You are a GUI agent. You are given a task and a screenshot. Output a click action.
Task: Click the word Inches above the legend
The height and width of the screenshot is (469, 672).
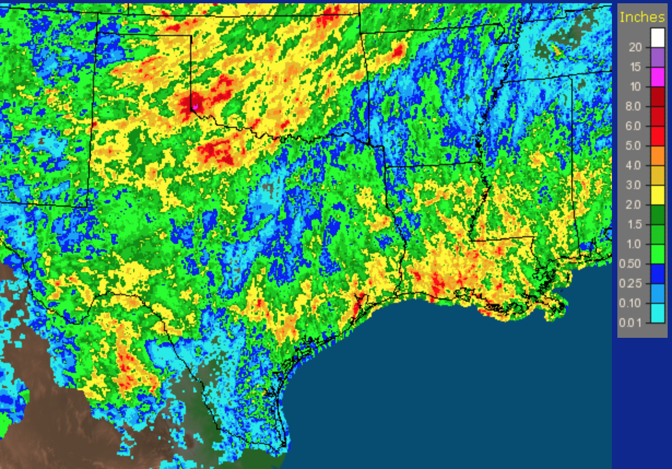point(642,17)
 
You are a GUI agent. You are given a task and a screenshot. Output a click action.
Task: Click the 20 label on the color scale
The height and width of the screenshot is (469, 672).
point(635,47)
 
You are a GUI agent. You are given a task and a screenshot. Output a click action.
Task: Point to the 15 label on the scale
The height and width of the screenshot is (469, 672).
point(635,67)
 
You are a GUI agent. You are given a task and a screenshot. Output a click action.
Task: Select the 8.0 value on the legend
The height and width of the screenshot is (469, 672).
point(633,106)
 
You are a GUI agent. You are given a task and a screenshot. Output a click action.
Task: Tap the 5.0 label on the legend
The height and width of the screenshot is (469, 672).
point(633,145)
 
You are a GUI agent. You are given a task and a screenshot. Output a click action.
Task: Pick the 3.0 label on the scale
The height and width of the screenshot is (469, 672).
point(633,185)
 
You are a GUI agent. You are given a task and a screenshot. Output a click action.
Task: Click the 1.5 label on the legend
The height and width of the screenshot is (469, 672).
point(633,224)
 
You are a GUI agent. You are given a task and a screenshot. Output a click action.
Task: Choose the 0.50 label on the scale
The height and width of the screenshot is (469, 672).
point(631,263)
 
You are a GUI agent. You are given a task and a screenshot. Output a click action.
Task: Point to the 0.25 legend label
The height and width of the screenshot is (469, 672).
point(631,283)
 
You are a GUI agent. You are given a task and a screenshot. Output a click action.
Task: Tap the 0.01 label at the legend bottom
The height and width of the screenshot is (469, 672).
point(631,323)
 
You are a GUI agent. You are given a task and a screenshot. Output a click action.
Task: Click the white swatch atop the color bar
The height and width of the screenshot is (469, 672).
point(657,37)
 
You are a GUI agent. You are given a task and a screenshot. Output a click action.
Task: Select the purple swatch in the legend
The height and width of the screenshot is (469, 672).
point(657,57)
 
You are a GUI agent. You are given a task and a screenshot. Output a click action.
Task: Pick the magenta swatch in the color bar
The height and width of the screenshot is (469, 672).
point(657,77)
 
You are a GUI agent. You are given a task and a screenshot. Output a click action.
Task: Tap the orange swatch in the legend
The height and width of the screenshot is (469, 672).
point(657,155)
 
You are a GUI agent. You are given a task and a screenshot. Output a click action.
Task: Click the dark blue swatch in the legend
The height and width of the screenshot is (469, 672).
point(657,273)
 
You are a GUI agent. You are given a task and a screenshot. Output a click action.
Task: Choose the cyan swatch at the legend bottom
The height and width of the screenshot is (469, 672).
point(657,313)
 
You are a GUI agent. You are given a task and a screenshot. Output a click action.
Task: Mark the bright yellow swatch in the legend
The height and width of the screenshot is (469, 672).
point(657,195)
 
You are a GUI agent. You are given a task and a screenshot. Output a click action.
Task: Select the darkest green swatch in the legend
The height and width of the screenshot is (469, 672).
point(657,214)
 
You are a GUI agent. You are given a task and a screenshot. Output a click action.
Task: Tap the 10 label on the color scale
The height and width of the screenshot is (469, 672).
point(635,86)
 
